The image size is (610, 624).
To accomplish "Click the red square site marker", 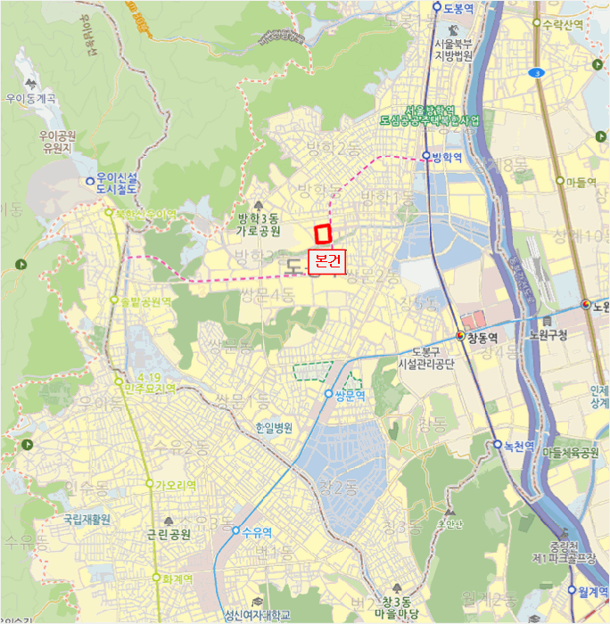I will tap(323, 234).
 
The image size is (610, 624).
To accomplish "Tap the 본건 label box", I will tap(326, 261).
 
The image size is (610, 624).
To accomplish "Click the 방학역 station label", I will tap(447, 158).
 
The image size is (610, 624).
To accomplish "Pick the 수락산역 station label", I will tap(562, 24).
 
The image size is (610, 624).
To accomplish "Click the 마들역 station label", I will tap(581, 182).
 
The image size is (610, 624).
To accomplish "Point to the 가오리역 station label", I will tap(176, 485).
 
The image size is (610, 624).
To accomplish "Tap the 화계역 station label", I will tap(178, 578).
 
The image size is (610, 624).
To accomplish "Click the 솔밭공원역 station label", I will tap(147, 301).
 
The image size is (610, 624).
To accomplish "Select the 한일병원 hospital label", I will tap(274, 428).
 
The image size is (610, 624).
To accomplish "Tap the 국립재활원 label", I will tap(87, 518).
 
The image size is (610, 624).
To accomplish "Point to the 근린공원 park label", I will tap(169, 535).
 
